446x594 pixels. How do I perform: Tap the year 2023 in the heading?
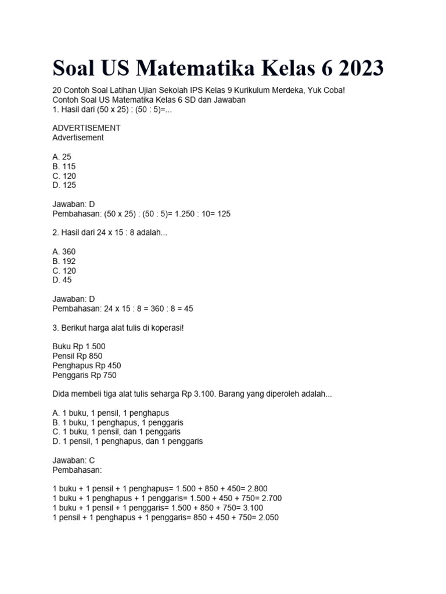coord(356,68)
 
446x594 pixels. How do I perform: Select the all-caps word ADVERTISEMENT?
coord(87,128)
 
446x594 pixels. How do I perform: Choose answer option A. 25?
coord(62,157)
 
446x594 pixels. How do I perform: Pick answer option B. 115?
coord(64,166)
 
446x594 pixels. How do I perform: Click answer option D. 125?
coord(64,185)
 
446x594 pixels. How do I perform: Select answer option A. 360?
coord(64,252)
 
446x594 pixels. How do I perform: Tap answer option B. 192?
coord(64,261)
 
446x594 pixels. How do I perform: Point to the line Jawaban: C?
coord(74,460)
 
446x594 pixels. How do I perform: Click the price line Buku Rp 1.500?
coord(79,346)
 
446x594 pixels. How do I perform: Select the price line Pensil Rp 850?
coord(77,356)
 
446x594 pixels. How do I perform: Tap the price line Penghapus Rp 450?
coord(87,365)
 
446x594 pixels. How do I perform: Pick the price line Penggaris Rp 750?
coord(84,375)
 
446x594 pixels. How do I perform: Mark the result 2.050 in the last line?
coord(267,517)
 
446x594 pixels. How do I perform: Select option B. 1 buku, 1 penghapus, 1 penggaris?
coord(118,422)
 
